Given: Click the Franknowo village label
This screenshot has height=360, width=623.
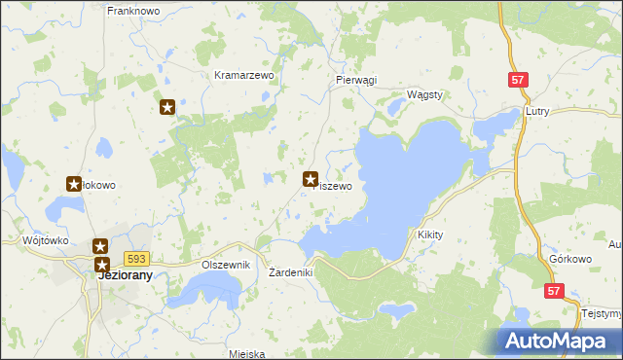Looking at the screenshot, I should click(x=133, y=10).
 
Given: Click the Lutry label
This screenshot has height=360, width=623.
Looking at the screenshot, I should click(x=537, y=111).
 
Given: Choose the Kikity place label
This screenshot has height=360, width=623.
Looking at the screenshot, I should click(x=429, y=235).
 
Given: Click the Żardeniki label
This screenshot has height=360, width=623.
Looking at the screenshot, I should click(x=290, y=272).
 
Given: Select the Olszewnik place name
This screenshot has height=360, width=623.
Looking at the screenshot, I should click(x=226, y=265).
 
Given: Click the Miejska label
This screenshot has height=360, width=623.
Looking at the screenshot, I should click(x=247, y=354).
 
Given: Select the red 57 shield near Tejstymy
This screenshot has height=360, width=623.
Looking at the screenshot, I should click(x=554, y=291).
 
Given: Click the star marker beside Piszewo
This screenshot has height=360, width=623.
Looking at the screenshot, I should click(x=311, y=179).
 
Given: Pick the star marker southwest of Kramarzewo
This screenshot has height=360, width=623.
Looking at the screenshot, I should click(x=168, y=108).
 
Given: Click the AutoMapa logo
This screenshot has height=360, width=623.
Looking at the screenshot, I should click(x=560, y=340).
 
